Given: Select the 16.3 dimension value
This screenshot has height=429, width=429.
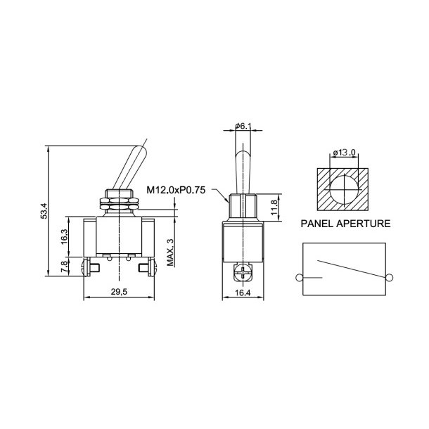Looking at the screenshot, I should pos(65,236).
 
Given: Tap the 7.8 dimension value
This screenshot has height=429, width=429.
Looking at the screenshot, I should pos(65,267).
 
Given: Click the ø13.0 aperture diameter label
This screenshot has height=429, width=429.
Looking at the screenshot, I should pos(342,153).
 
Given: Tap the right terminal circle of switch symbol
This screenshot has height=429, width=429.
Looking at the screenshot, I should pos(388,278).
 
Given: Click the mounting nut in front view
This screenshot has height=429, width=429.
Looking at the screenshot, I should pos(120,202).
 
